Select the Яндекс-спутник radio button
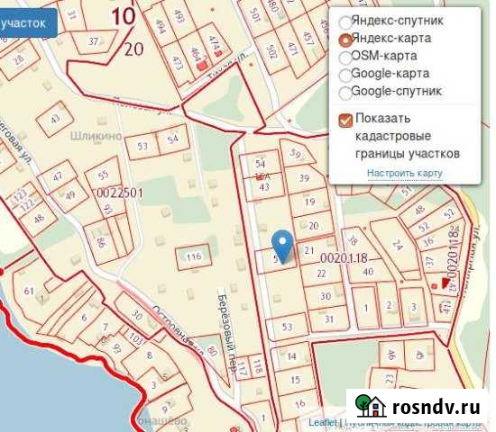pyautogui.click(x=344, y=22)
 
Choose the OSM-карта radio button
pyautogui.click(x=344, y=56)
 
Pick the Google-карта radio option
pyautogui.click(x=344, y=74)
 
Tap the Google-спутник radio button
pyautogui.click(x=344, y=92)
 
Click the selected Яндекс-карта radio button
pyautogui.click(x=344, y=39)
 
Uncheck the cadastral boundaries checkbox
pyautogui.click(x=344, y=119)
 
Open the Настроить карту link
pyautogui.click(x=404, y=173)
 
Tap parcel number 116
pyautogui.click(x=193, y=258)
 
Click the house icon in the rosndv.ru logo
pyautogui.click(x=370, y=407)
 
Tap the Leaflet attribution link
pyautogui.click(x=321, y=421)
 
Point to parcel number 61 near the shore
pyautogui.click(x=29, y=291)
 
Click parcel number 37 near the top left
pyautogui.click(x=94, y=42)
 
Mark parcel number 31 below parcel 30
pyautogui.click(x=329, y=318)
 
